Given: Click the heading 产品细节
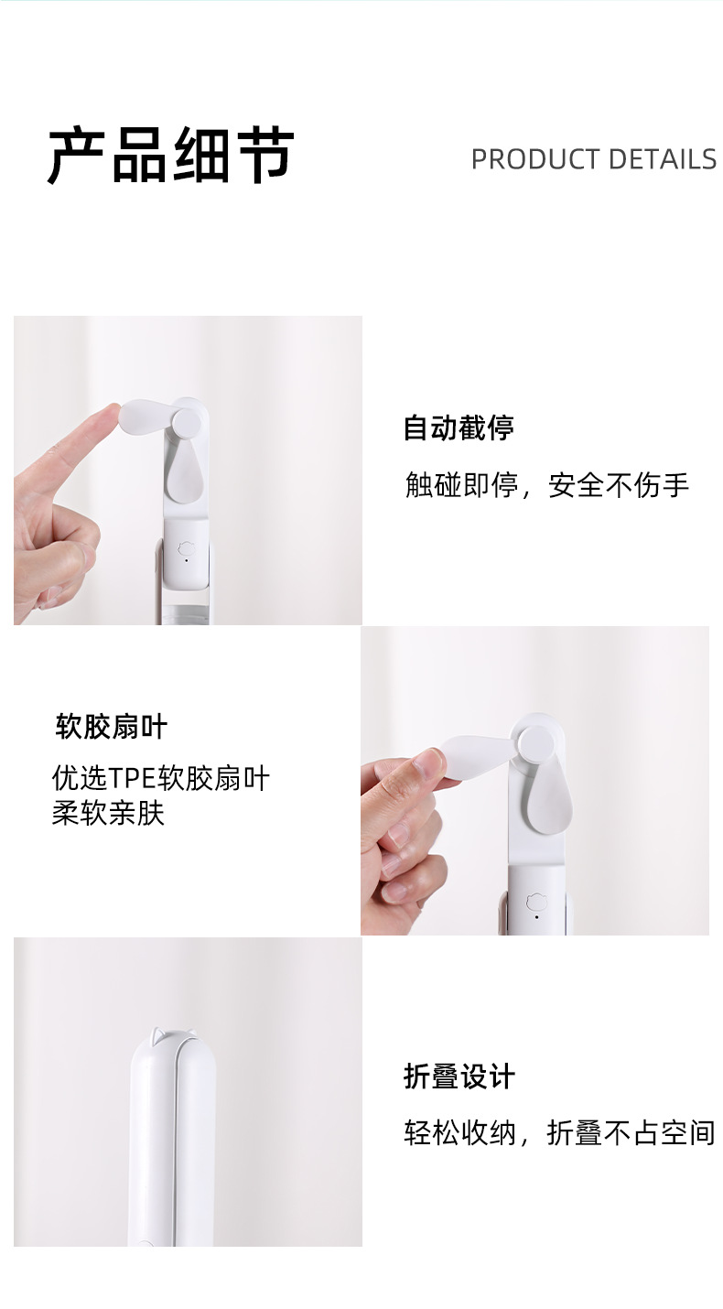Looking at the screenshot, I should [x=170, y=156].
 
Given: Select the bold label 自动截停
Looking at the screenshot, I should [x=459, y=427].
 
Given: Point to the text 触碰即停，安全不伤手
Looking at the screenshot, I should [x=546, y=484].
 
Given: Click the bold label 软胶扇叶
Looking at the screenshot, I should [x=112, y=728].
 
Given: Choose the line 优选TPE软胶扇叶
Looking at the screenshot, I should [x=161, y=778].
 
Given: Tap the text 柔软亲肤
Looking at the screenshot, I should [x=108, y=812].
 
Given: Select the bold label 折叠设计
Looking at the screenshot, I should [x=459, y=1076].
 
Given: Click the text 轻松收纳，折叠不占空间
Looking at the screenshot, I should [x=558, y=1132].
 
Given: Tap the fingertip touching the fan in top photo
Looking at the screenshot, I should [x=109, y=417].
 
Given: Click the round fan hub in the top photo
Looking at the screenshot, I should [x=188, y=423].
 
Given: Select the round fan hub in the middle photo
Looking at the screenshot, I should [x=533, y=742].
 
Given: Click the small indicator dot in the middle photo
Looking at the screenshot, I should [x=535, y=916].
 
